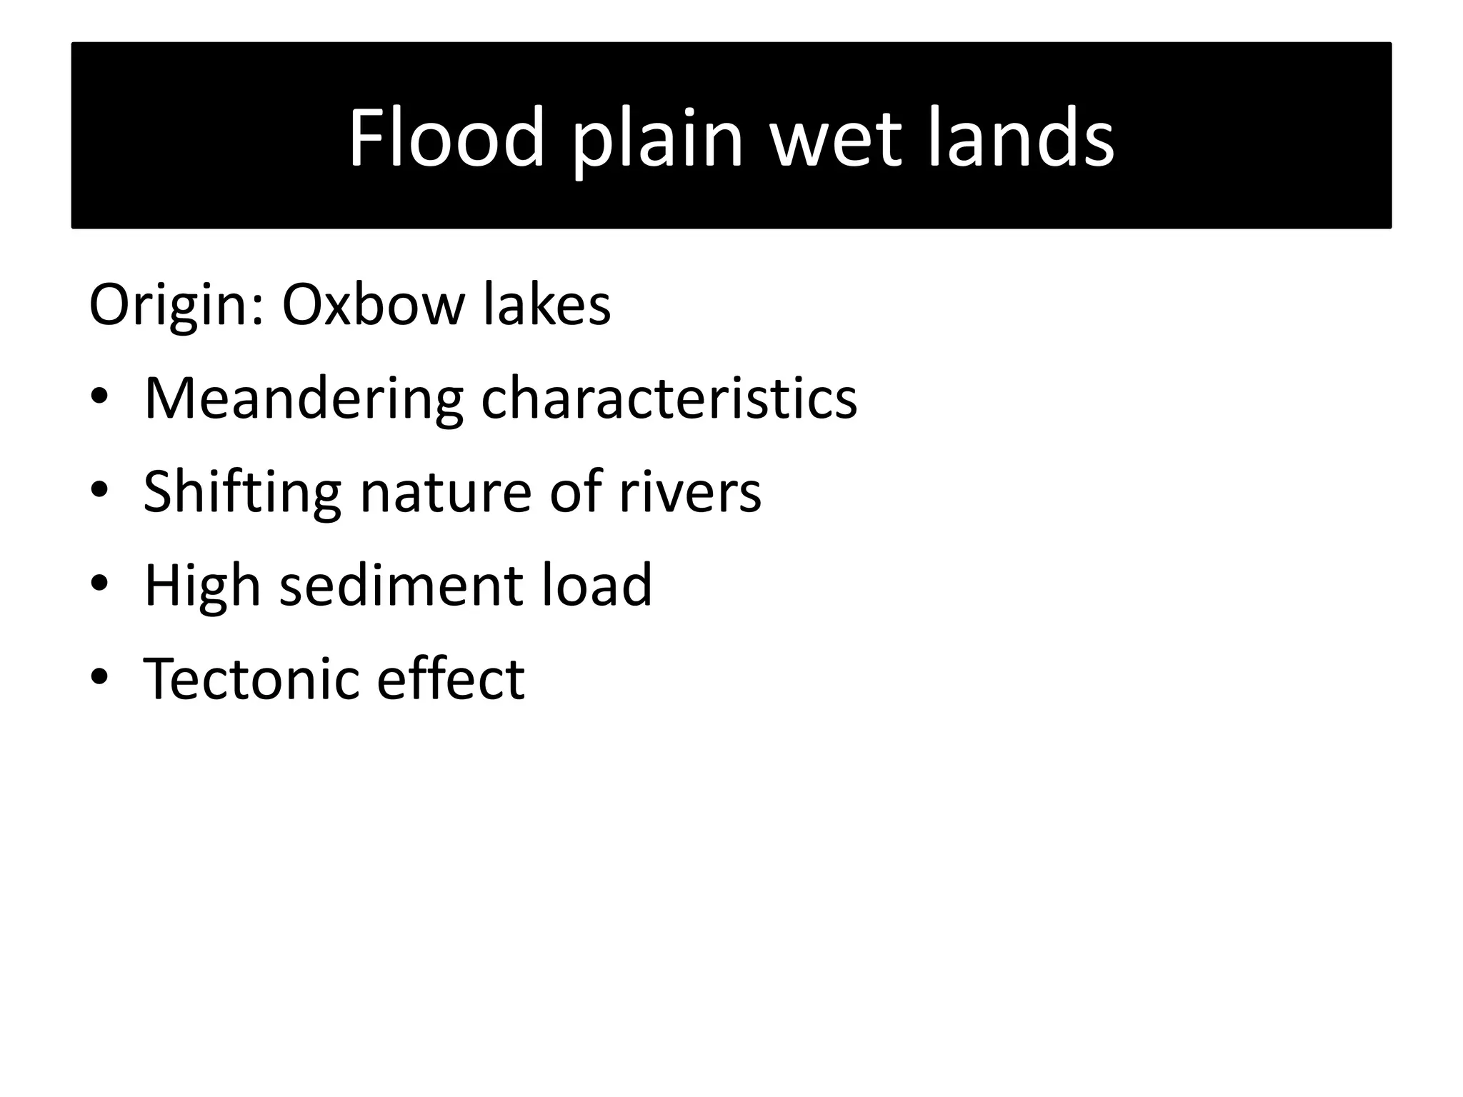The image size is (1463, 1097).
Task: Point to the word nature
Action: tap(446, 493)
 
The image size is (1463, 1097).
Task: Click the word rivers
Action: tap(690, 493)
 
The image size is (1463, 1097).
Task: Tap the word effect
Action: tap(451, 678)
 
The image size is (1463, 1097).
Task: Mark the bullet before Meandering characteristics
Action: tap(99, 397)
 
